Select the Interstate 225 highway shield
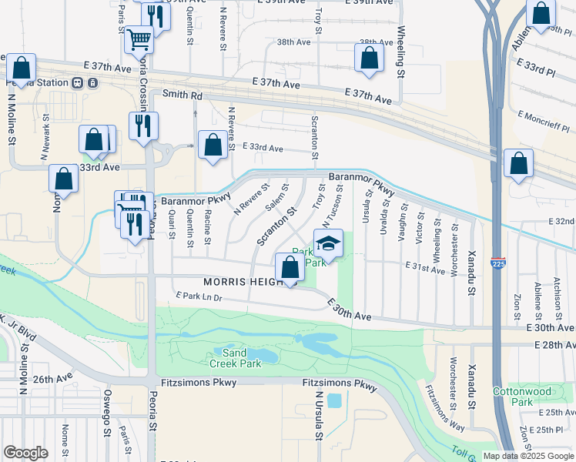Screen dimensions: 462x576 [498, 263]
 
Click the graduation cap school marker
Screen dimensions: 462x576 [328, 243]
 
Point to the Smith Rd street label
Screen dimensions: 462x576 [182, 95]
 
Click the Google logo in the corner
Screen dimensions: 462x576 [25, 453]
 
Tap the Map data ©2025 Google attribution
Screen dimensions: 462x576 [529, 456]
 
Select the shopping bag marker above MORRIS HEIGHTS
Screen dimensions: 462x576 [290, 269]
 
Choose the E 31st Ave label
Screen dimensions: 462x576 [425, 269]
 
